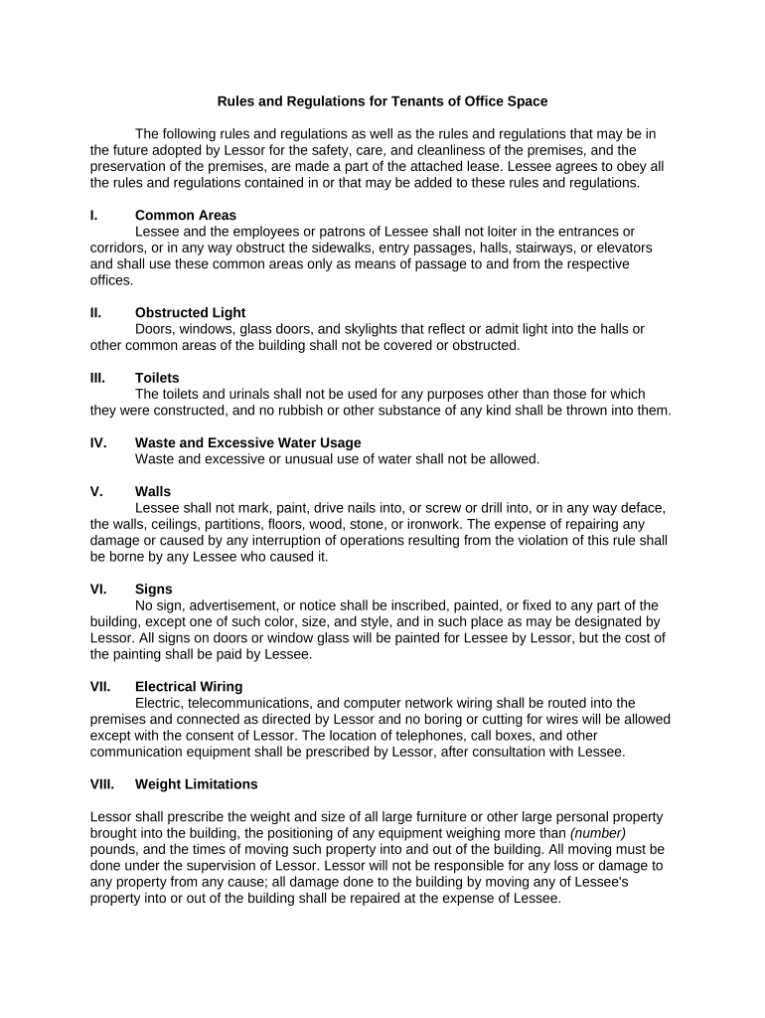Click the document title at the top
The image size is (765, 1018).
point(382,101)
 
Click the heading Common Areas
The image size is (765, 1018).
point(186,215)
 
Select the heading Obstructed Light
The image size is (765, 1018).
point(190,312)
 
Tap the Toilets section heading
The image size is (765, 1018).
point(157,378)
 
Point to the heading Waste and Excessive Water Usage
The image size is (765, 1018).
point(247,442)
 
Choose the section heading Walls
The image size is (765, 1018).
point(153,491)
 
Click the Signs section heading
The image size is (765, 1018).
point(154,589)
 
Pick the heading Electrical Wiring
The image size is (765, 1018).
point(189,686)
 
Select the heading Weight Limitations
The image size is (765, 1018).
point(196,783)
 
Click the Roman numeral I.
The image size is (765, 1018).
point(93,215)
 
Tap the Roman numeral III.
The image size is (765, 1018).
point(97,378)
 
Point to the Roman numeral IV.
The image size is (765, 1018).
point(98,442)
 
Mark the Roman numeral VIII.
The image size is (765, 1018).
point(101,783)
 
